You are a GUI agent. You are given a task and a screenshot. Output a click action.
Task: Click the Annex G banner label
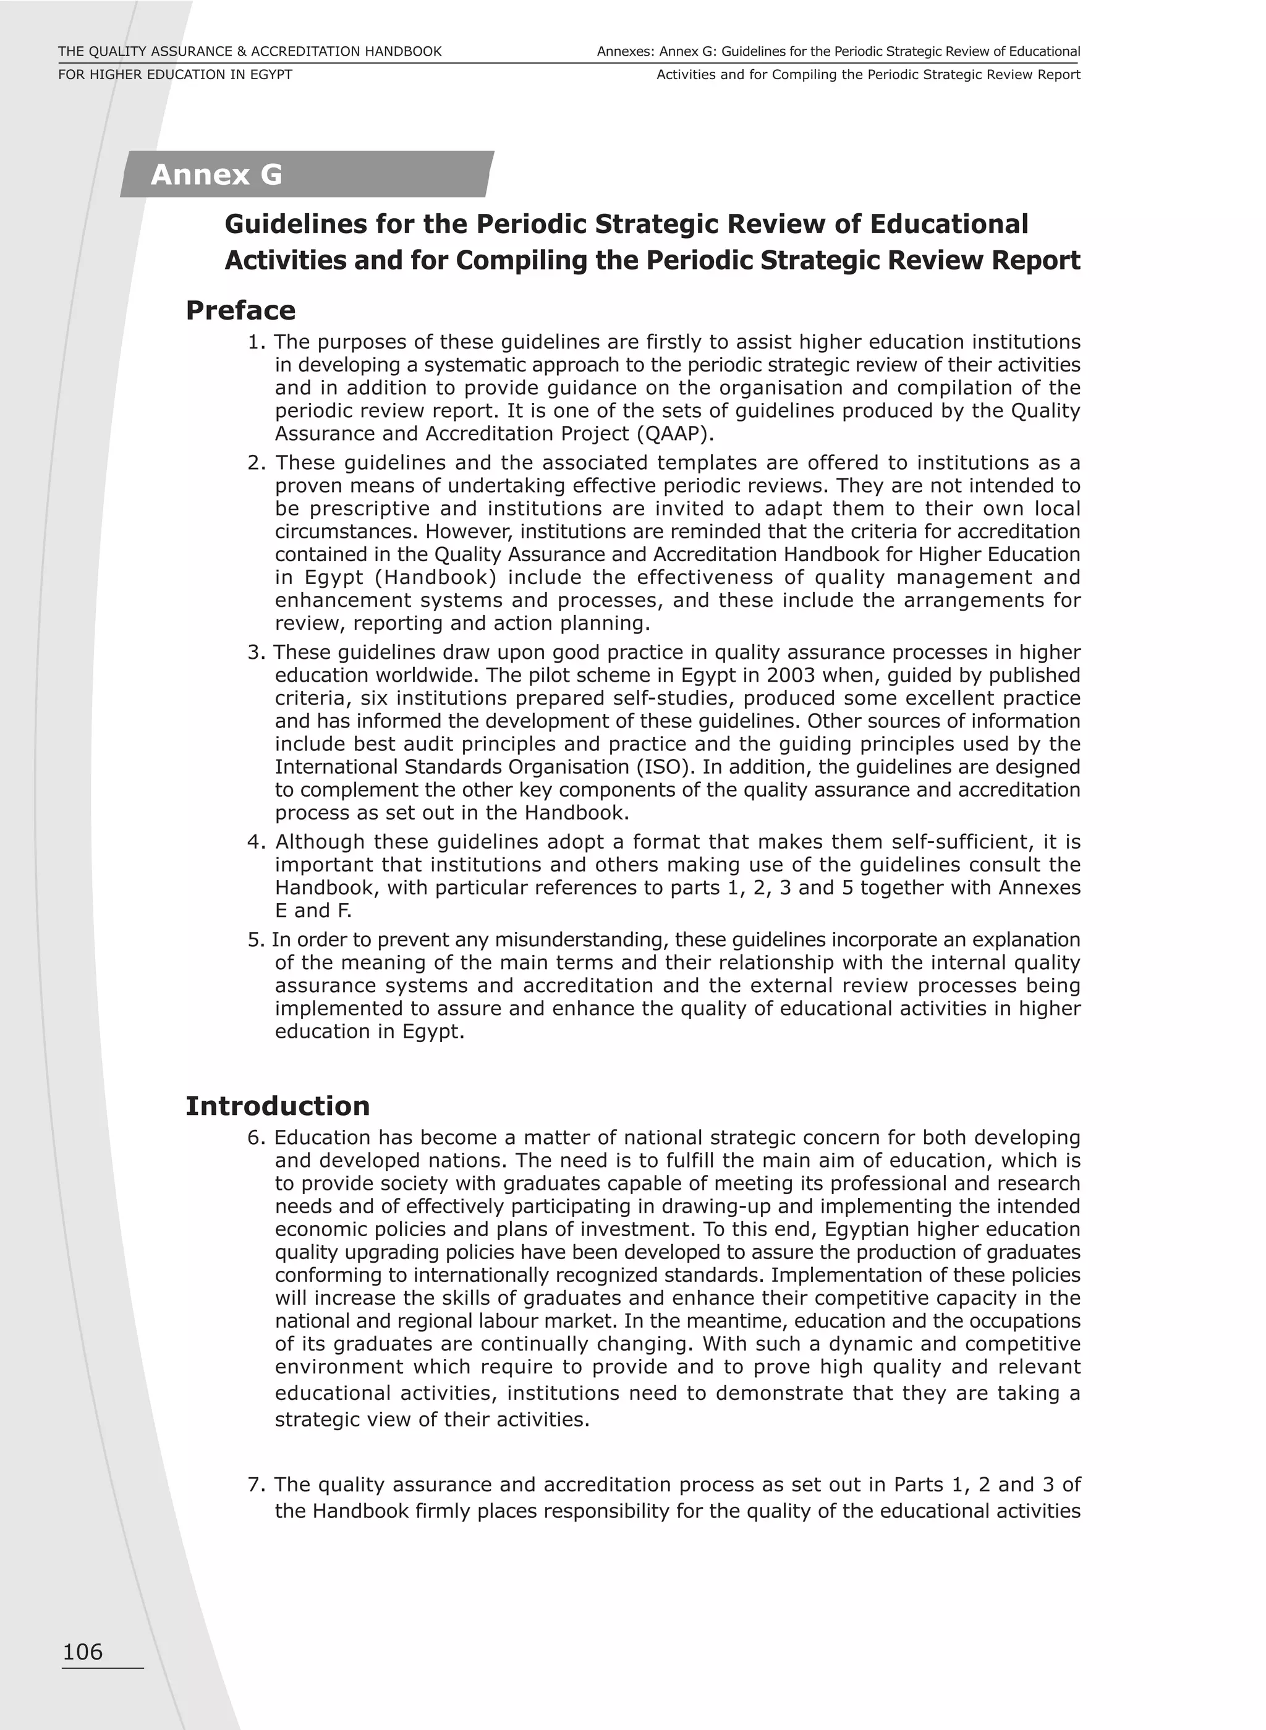tap(217, 175)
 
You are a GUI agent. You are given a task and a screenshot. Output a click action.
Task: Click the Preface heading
tap(240, 310)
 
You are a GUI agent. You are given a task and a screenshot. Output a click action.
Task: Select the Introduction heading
tap(278, 1106)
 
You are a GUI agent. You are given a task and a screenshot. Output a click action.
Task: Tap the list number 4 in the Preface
tap(255, 842)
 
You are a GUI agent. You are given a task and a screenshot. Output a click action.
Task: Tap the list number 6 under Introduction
tap(255, 1138)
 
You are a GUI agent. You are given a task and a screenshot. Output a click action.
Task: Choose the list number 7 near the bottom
tap(255, 1485)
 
